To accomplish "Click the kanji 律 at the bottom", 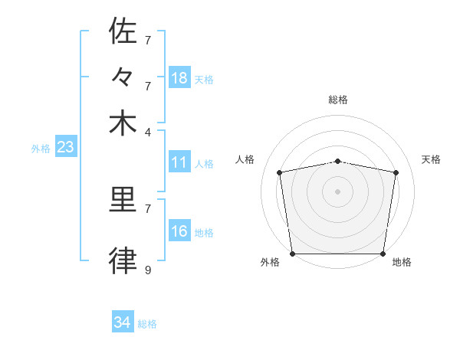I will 123,261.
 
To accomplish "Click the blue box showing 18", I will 179,78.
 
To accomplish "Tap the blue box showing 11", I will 179,162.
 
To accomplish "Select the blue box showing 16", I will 179,232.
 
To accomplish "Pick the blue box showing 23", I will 65,147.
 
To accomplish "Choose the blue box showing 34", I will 123,323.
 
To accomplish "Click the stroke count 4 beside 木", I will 148,131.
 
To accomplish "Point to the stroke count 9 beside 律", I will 148,270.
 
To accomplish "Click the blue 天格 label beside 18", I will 204,80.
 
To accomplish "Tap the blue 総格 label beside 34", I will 147,325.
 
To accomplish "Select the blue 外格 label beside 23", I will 41,149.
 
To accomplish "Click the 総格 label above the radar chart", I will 338,100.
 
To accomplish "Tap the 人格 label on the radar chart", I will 245,159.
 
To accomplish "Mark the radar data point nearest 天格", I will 396,172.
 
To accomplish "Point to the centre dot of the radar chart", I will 338,191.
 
